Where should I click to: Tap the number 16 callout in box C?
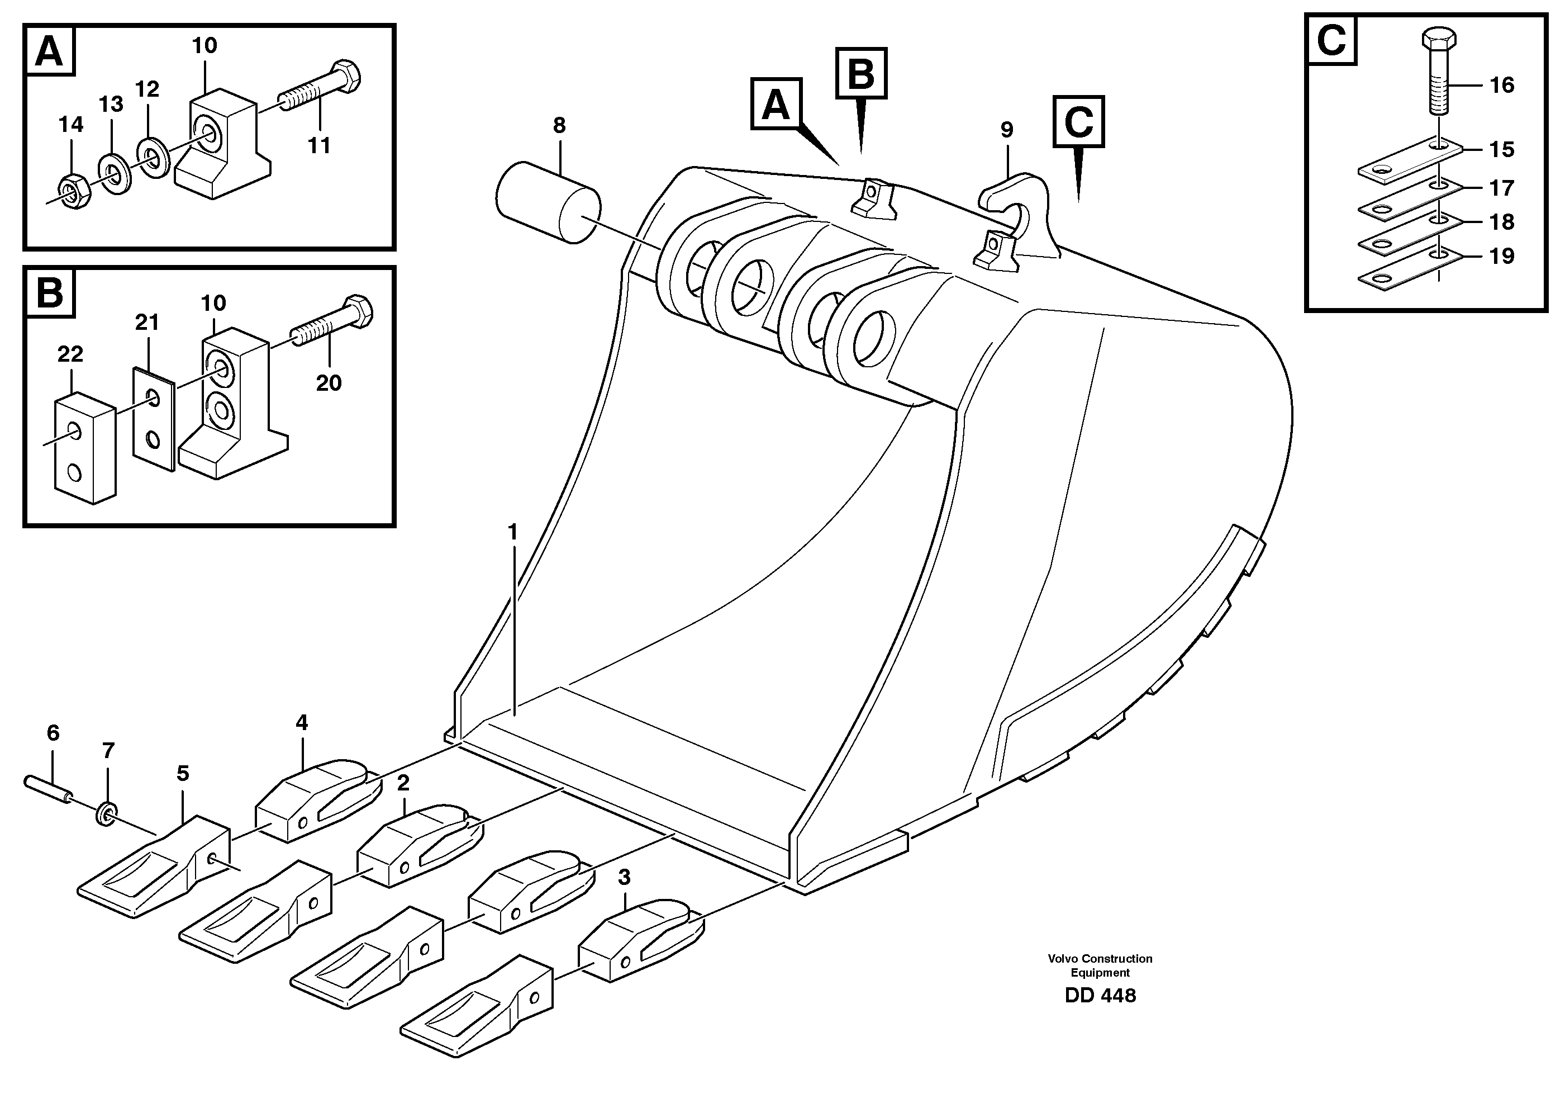1501,86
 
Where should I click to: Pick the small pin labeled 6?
47,788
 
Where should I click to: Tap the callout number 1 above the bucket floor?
513,532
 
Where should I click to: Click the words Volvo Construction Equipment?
1100,965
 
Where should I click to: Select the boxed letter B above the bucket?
861,73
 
